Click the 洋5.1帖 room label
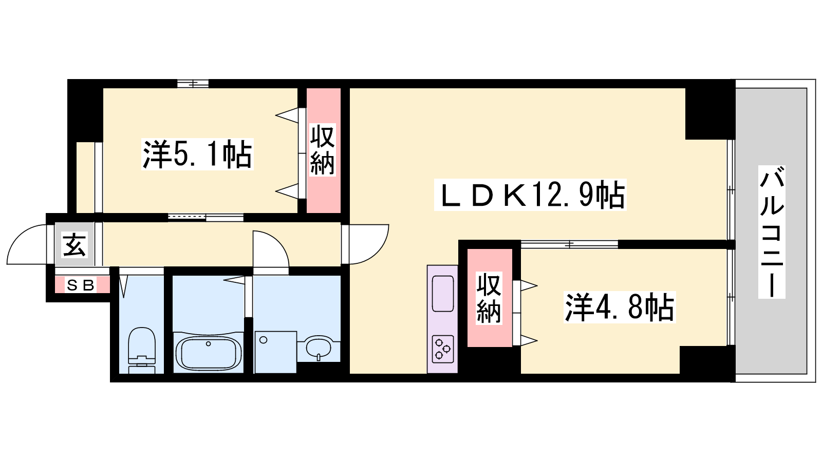(197, 155)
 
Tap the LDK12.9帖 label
(530, 195)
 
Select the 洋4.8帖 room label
(620, 307)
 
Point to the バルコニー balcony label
(772, 232)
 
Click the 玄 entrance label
(74, 244)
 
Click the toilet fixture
(142, 350)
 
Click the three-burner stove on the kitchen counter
(442, 349)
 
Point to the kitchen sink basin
(442, 294)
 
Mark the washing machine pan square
(275, 352)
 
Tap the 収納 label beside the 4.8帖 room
(489, 298)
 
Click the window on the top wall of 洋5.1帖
(193, 84)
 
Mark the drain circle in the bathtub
(209, 343)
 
